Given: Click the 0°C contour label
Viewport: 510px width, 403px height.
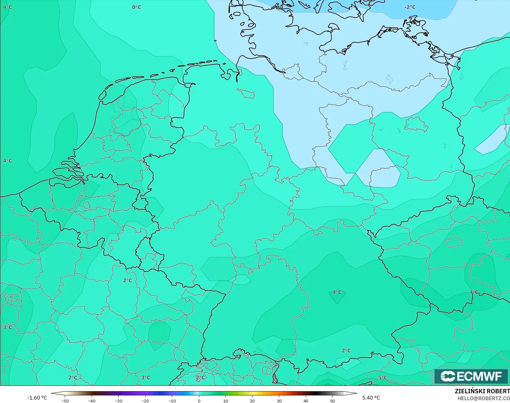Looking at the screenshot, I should (x=137, y=7).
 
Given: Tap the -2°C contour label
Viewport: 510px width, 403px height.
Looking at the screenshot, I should (x=410, y=7).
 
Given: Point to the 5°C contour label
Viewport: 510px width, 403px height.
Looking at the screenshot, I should (x=383, y=378).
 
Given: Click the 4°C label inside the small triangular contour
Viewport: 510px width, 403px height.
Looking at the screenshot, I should (x=337, y=292).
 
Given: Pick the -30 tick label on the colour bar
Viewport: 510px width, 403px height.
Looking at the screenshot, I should (x=118, y=400).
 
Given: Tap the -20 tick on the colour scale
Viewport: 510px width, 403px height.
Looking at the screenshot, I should (x=145, y=400).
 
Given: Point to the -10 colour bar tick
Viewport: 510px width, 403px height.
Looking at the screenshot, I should (x=172, y=400).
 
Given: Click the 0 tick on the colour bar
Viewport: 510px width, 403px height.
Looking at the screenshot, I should (x=199, y=400).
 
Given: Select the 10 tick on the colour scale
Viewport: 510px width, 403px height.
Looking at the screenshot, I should (x=225, y=400).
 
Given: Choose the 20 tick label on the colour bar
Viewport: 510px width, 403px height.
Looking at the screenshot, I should (x=252, y=400).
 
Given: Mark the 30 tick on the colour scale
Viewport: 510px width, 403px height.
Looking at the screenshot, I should (x=279, y=400).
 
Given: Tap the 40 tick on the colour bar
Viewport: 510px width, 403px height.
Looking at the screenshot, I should (x=306, y=400).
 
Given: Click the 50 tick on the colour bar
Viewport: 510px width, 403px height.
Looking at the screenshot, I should (x=332, y=400).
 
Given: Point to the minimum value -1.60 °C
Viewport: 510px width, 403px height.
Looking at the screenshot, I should (x=37, y=398).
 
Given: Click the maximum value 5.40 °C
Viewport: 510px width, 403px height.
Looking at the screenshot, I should (x=371, y=398).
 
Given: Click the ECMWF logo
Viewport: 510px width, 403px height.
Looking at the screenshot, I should (x=471, y=376).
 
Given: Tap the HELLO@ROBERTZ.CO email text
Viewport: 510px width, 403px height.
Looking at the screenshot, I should (x=484, y=398).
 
